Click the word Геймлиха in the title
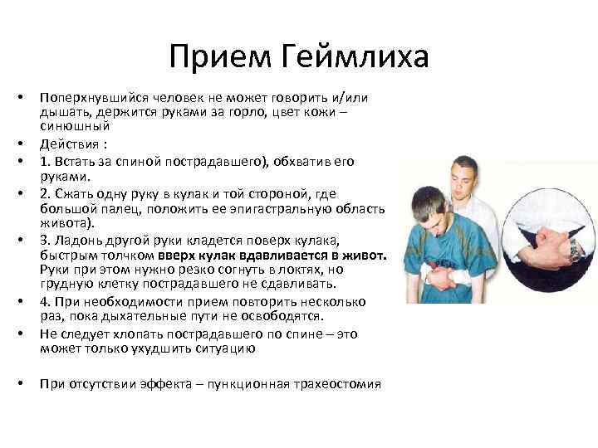click(x=355, y=56)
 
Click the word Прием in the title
click(x=219, y=56)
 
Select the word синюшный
click(x=75, y=126)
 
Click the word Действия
click(x=70, y=144)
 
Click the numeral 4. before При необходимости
click(x=46, y=302)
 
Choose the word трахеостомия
click(x=336, y=384)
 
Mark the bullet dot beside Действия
click(x=21, y=144)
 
